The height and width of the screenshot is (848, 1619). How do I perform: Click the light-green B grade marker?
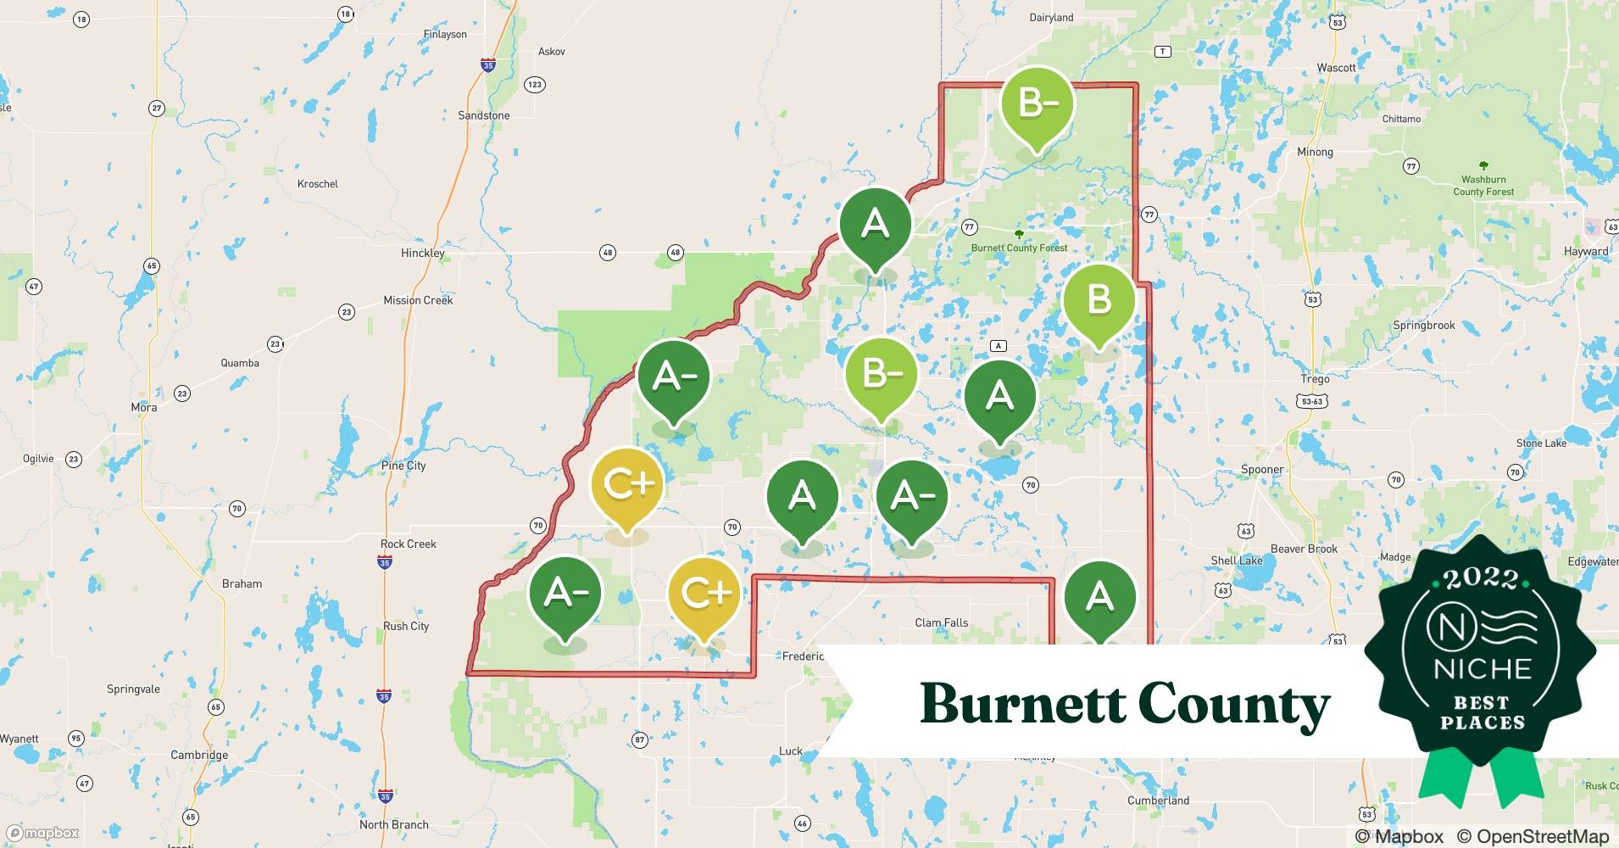[x=1099, y=301]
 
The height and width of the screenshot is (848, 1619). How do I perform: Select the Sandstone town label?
[x=483, y=115]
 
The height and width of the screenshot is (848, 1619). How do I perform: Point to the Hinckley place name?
[x=422, y=253]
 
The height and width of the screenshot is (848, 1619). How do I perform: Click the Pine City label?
[x=403, y=466]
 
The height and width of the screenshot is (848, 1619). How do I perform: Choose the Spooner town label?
[x=1262, y=469]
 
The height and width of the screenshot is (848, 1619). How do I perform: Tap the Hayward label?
[x=1585, y=251]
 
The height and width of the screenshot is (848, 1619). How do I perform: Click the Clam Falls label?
[x=941, y=622]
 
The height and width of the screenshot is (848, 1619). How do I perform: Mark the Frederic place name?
[x=802, y=656]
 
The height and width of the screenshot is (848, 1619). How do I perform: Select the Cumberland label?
[x=1158, y=801]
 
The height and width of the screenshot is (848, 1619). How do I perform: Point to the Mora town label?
[x=143, y=407]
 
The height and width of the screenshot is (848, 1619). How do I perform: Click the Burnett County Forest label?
[x=1019, y=248]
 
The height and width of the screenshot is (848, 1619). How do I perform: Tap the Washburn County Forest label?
[x=1483, y=185]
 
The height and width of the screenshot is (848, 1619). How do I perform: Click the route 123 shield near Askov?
[x=534, y=84]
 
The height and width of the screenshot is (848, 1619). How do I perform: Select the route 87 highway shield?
[x=639, y=739]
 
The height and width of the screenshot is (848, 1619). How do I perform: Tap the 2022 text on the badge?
[x=1481, y=578]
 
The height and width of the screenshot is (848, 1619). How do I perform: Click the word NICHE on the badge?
[x=1483, y=669]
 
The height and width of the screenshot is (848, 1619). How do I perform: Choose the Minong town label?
[x=1315, y=152]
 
